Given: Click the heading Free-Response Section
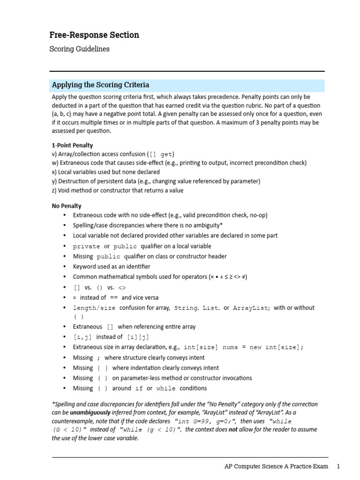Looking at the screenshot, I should [94, 35].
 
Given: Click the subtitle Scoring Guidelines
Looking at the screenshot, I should [79, 49].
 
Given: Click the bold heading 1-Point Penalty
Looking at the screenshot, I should [72, 145].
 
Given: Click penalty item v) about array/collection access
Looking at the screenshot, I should [115, 154].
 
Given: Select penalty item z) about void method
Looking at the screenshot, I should [117, 190].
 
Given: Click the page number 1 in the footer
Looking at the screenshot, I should [338, 467].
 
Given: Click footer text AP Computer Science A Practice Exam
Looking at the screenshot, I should [277, 467].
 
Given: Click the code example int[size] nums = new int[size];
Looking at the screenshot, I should [243, 347].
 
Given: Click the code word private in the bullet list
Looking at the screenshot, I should [86, 247].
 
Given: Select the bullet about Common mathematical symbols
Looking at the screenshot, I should [160, 277].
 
